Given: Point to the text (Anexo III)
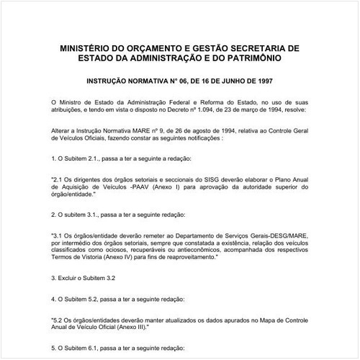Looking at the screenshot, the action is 123,326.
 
